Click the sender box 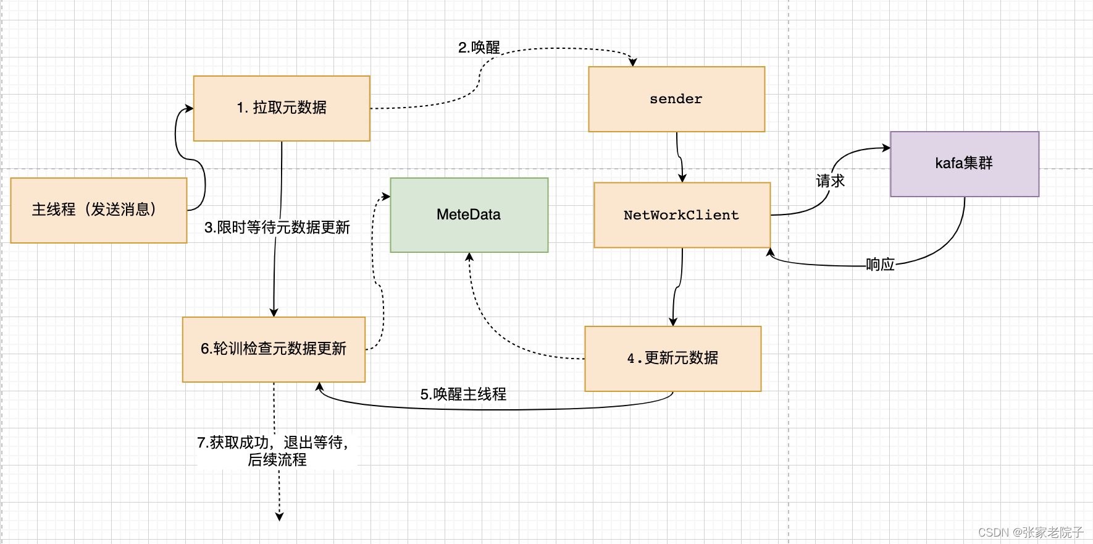676,99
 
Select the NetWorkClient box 682,215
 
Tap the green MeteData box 469,215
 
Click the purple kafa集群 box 964,164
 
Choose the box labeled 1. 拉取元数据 282,108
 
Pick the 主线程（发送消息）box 99,210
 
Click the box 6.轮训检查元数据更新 274,349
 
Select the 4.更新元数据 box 672,359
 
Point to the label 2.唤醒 479,48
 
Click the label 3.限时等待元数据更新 277,227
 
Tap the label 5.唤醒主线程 463,394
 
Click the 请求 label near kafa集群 830,181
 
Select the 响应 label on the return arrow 880,265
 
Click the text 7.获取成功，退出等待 272,443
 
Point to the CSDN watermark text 1030,532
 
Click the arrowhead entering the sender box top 633,62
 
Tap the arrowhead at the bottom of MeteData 469,257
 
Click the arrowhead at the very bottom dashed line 279,517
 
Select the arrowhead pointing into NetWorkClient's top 682,178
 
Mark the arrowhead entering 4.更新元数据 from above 673,322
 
